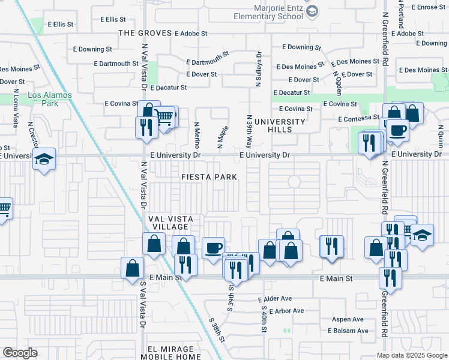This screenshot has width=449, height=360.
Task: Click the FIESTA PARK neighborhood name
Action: click(x=209, y=177)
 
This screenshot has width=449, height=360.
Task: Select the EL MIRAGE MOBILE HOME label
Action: click(x=175, y=353)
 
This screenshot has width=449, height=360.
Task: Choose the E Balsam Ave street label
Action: click(x=348, y=331)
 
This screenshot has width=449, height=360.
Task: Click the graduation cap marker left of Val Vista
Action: click(x=44, y=160)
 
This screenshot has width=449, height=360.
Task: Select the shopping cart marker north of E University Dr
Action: click(x=166, y=115)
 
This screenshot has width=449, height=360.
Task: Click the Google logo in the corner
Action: click(x=20, y=353)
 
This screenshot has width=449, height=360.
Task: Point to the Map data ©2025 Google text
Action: click(x=411, y=355)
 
